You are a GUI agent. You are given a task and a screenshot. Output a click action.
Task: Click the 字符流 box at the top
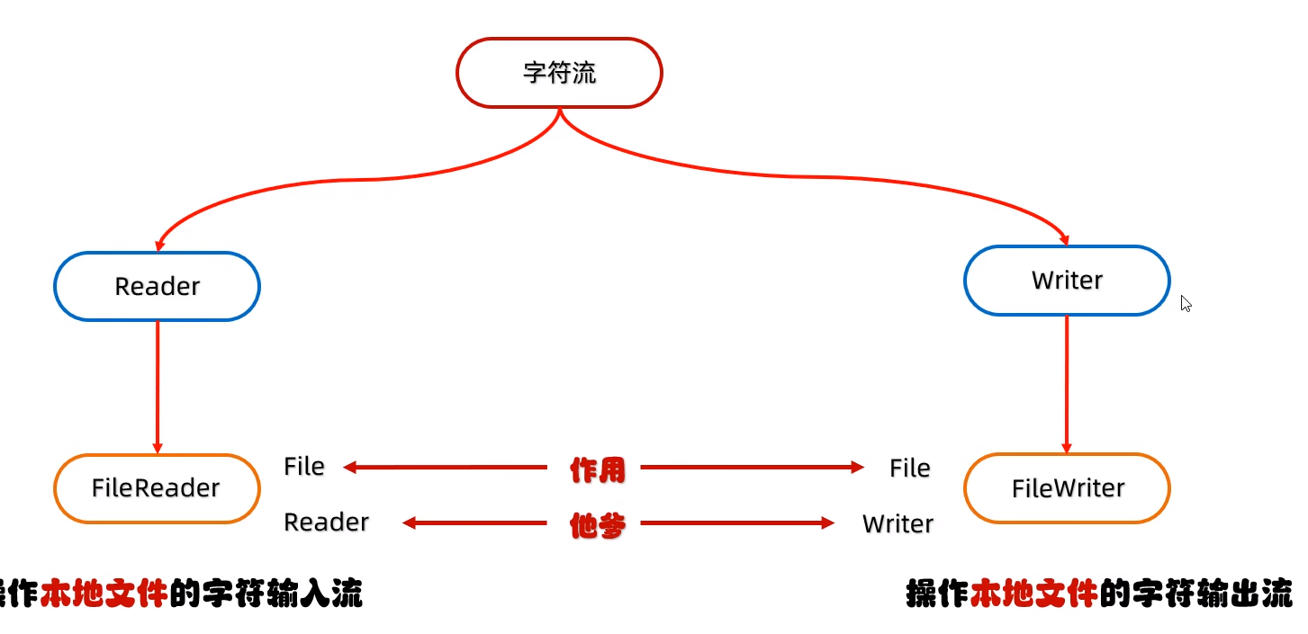tap(559, 73)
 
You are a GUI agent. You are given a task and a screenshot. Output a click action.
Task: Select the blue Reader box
tap(157, 286)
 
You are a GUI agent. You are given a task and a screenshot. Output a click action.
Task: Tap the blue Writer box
tap(1067, 281)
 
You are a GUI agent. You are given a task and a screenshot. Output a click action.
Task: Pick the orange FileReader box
tap(156, 488)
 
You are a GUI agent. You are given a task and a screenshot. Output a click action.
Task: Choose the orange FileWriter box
tap(1068, 488)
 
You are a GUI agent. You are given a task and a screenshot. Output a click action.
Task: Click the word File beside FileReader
tap(304, 467)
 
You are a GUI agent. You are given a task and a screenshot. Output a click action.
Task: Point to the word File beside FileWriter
tap(909, 468)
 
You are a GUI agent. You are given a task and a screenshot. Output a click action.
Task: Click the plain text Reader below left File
tap(326, 522)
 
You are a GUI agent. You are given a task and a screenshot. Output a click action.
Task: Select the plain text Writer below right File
tap(898, 523)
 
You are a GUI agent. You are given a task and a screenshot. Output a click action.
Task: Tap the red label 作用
tap(597, 469)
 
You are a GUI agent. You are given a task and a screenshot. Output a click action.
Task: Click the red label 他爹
tap(597, 525)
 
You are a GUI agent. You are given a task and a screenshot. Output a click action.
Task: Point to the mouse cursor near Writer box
tap(1186, 303)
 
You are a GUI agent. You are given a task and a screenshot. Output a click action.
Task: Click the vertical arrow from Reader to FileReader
tap(158, 387)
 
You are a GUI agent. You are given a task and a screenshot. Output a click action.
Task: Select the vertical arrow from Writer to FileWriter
tap(1067, 384)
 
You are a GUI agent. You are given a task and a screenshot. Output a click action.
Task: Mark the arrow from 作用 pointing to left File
tap(446, 468)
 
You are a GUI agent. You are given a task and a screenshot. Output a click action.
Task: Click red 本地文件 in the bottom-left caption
tap(104, 594)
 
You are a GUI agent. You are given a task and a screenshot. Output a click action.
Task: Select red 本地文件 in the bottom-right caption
tap(1033, 594)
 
